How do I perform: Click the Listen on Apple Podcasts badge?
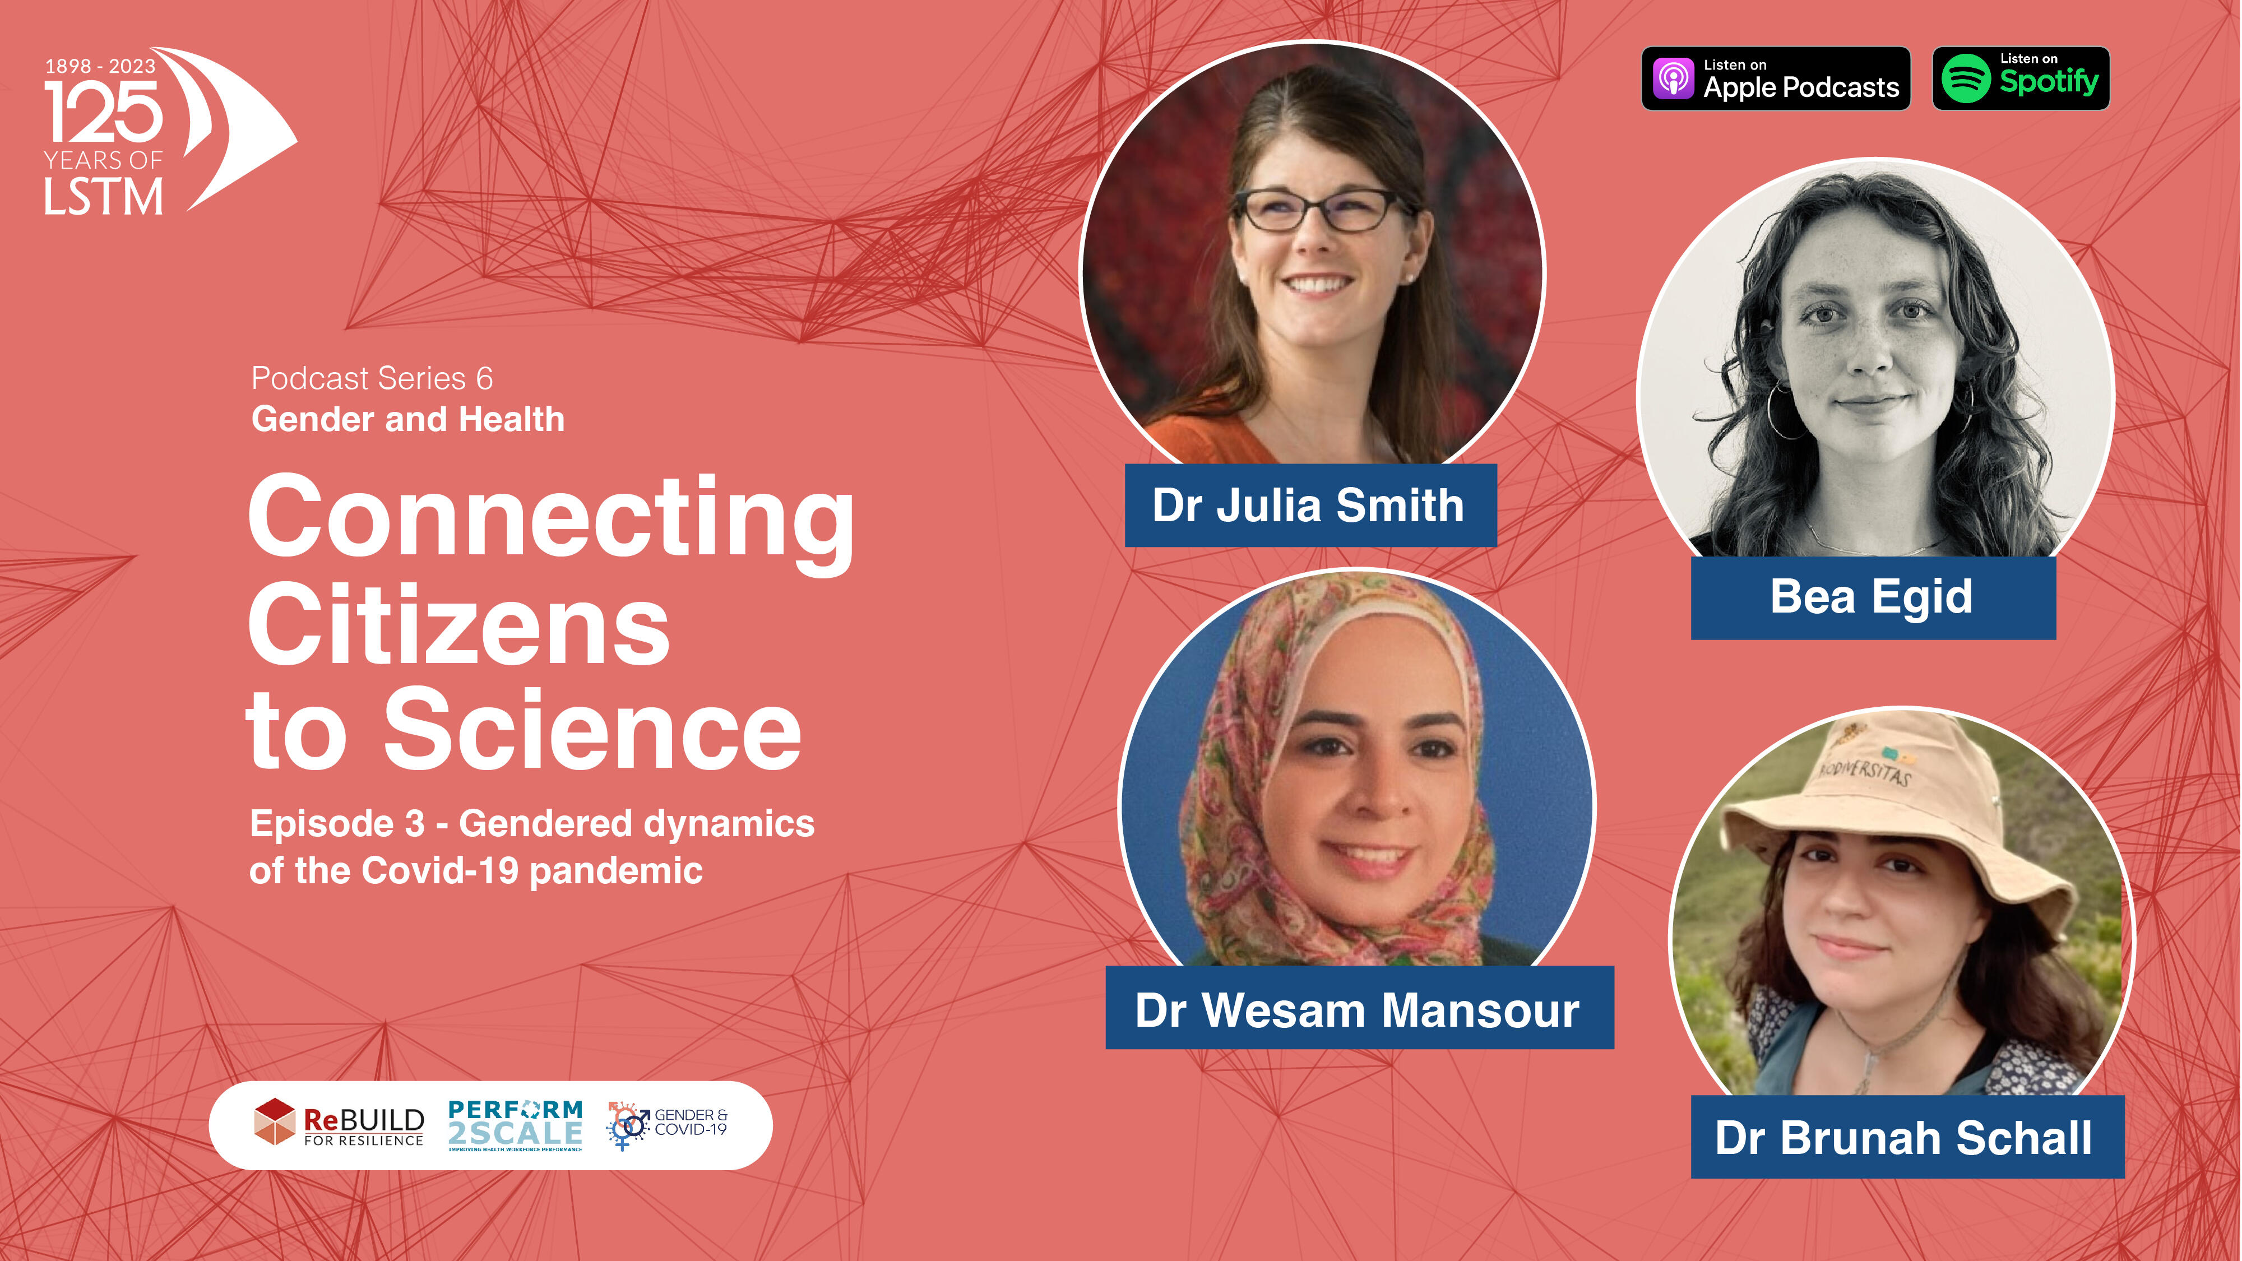point(1776,78)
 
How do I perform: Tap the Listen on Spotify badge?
point(2021,78)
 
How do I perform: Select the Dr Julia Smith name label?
point(1310,506)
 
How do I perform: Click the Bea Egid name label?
point(1873,598)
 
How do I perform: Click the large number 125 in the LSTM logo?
point(104,112)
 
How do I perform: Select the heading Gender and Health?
point(408,419)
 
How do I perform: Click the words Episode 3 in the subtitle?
point(337,823)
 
